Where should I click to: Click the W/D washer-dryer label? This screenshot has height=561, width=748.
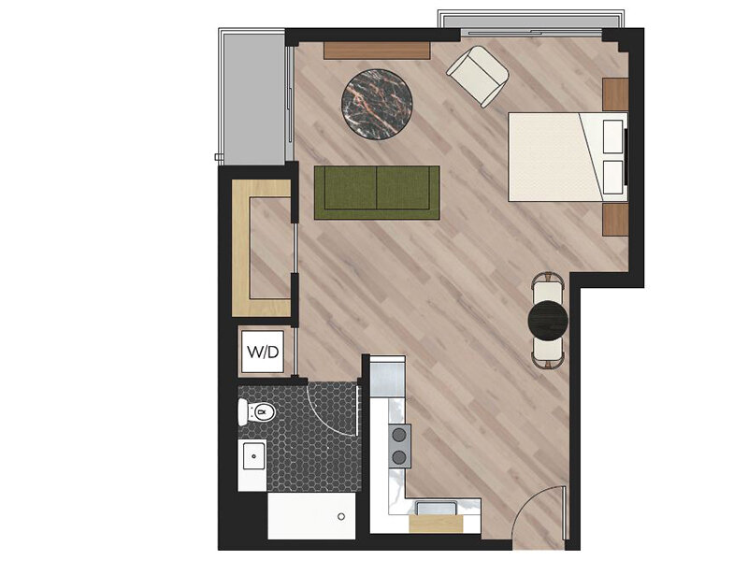pos(263,352)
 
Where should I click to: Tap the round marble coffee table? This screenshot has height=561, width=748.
pos(377,104)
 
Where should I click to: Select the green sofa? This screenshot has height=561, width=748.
pos(377,193)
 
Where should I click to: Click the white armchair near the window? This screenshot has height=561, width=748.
pos(478,76)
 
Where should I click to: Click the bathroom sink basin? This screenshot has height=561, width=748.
pos(253,455)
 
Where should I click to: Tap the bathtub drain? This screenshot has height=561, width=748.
pos(341,516)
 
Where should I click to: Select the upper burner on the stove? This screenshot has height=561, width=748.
pos(399,435)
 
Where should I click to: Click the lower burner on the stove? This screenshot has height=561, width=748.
pos(399,458)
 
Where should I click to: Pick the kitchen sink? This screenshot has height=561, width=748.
pos(437,508)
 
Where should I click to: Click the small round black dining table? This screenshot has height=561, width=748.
pos(549,319)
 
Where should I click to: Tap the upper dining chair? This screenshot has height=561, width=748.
pos(548,287)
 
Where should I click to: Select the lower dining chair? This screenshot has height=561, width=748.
pos(548,352)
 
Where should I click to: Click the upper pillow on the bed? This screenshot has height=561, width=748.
pos(613,137)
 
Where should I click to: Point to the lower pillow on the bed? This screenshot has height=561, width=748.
pos(613,177)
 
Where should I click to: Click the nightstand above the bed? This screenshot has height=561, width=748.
pos(615,95)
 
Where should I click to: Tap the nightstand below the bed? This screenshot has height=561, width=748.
pos(615,220)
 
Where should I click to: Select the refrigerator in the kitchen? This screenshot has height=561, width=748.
pos(388,377)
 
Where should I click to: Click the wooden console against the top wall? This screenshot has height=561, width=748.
pos(377,50)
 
